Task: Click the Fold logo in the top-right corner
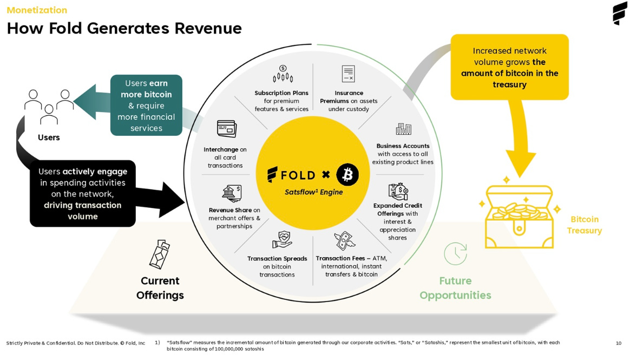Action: point(620,13)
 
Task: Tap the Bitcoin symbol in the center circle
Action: point(347,175)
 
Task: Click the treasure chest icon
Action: point(519,216)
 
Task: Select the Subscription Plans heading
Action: point(281,93)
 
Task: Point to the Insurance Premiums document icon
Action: point(348,74)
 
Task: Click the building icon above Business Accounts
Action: point(403,129)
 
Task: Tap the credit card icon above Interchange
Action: point(226,128)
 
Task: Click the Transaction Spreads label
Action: point(277,259)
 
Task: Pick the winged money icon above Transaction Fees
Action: point(344,241)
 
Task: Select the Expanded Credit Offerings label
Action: point(398,210)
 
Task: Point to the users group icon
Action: point(49,105)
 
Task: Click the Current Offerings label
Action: point(160,288)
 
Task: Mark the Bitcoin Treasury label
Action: point(585,225)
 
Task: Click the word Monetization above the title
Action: point(37,10)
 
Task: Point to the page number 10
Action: point(619,343)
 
